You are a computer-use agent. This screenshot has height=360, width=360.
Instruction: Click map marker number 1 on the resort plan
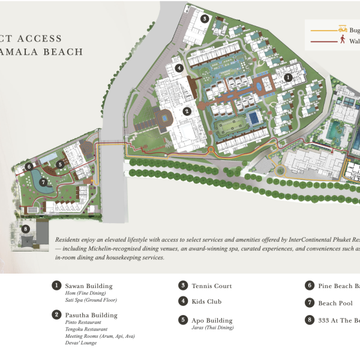point(288,77)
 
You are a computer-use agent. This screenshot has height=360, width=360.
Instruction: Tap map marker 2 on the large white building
point(187,111)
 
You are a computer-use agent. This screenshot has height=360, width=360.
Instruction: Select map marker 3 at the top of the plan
point(205,19)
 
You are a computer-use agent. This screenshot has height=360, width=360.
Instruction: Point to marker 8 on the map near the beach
point(25,229)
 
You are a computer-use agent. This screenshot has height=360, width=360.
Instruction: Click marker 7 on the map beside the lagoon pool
point(43,182)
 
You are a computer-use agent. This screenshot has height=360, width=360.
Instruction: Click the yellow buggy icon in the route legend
point(343,28)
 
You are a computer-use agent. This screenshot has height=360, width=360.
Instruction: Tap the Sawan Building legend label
point(89,286)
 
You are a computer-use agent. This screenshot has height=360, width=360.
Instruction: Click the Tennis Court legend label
point(212,286)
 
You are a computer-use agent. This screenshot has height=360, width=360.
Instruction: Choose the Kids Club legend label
point(208,301)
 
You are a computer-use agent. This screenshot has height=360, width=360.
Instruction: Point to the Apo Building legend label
point(212,320)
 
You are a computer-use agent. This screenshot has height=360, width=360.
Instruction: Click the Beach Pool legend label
point(335,304)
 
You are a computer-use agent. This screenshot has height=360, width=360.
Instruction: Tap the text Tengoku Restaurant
point(86,329)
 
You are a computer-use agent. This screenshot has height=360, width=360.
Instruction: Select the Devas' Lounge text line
point(80,344)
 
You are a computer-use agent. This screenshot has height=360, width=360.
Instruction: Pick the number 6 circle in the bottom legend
point(310,286)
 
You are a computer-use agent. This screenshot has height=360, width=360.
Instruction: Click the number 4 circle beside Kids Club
point(182,301)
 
